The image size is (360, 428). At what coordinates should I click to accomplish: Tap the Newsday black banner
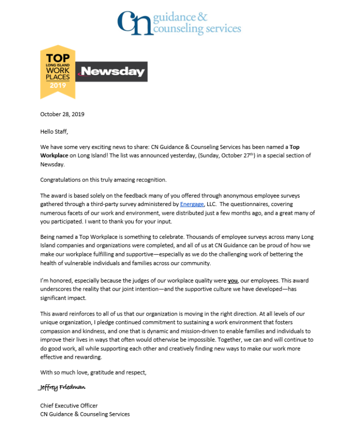point(112,72)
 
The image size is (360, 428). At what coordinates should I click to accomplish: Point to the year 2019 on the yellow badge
point(58,85)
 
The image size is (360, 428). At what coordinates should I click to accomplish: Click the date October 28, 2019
point(62,114)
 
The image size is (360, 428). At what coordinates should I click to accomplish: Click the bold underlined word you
point(232,281)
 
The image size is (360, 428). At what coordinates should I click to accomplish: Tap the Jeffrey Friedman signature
point(62,386)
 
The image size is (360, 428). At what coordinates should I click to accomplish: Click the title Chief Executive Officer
point(69,405)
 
